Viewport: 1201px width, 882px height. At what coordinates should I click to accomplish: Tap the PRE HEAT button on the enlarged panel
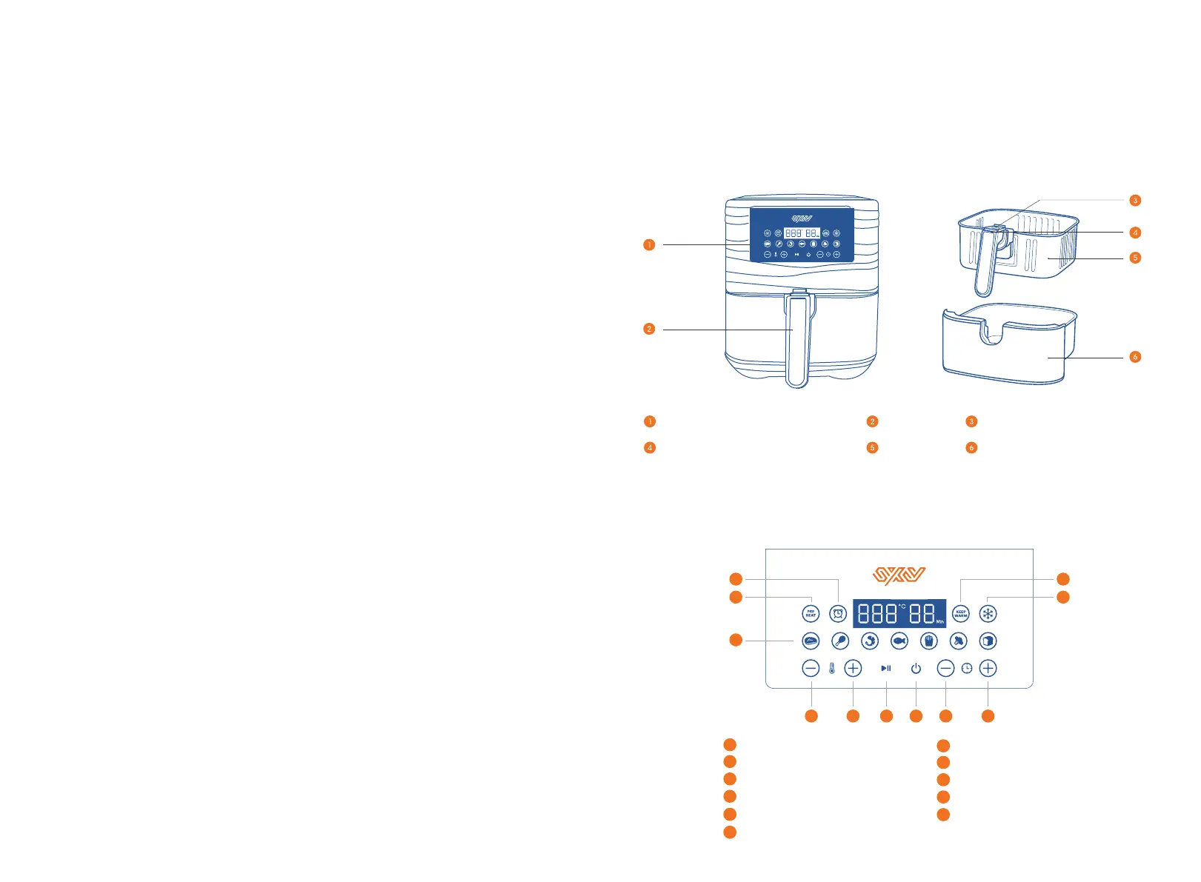pos(811,613)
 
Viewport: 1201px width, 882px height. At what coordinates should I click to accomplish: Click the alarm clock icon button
pos(838,613)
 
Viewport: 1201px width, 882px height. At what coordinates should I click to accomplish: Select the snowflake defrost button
pos(988,613)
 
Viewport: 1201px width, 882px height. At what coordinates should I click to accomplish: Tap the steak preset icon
pos(811,641)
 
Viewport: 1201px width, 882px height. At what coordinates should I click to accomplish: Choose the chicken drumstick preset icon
pos(840,641)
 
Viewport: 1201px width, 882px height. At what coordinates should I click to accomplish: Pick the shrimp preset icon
pos(870,641)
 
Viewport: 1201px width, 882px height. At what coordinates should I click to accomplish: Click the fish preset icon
pos(899,641)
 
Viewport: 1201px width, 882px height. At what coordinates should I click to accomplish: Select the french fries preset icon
pos(929,641)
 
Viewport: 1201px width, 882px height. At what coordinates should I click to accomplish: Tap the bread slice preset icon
pos(988,641)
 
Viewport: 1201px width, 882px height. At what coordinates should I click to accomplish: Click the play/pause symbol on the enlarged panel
pos(886,668)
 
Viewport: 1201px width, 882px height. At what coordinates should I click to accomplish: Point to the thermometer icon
pos(832,668)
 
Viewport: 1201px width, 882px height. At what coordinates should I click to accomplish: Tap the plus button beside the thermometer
pos(854,668)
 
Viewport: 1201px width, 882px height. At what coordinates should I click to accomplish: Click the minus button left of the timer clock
pos(945,668)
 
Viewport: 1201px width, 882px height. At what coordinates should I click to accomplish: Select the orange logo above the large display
pos(899,575)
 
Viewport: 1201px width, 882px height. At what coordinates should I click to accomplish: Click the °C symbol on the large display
pos(902,607)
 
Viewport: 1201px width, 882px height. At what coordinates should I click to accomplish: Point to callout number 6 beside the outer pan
pos(1134,357)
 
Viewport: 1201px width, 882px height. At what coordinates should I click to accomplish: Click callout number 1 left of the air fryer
pos(649,244)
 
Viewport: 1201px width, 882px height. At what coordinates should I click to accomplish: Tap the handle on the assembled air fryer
pos(798,341)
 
